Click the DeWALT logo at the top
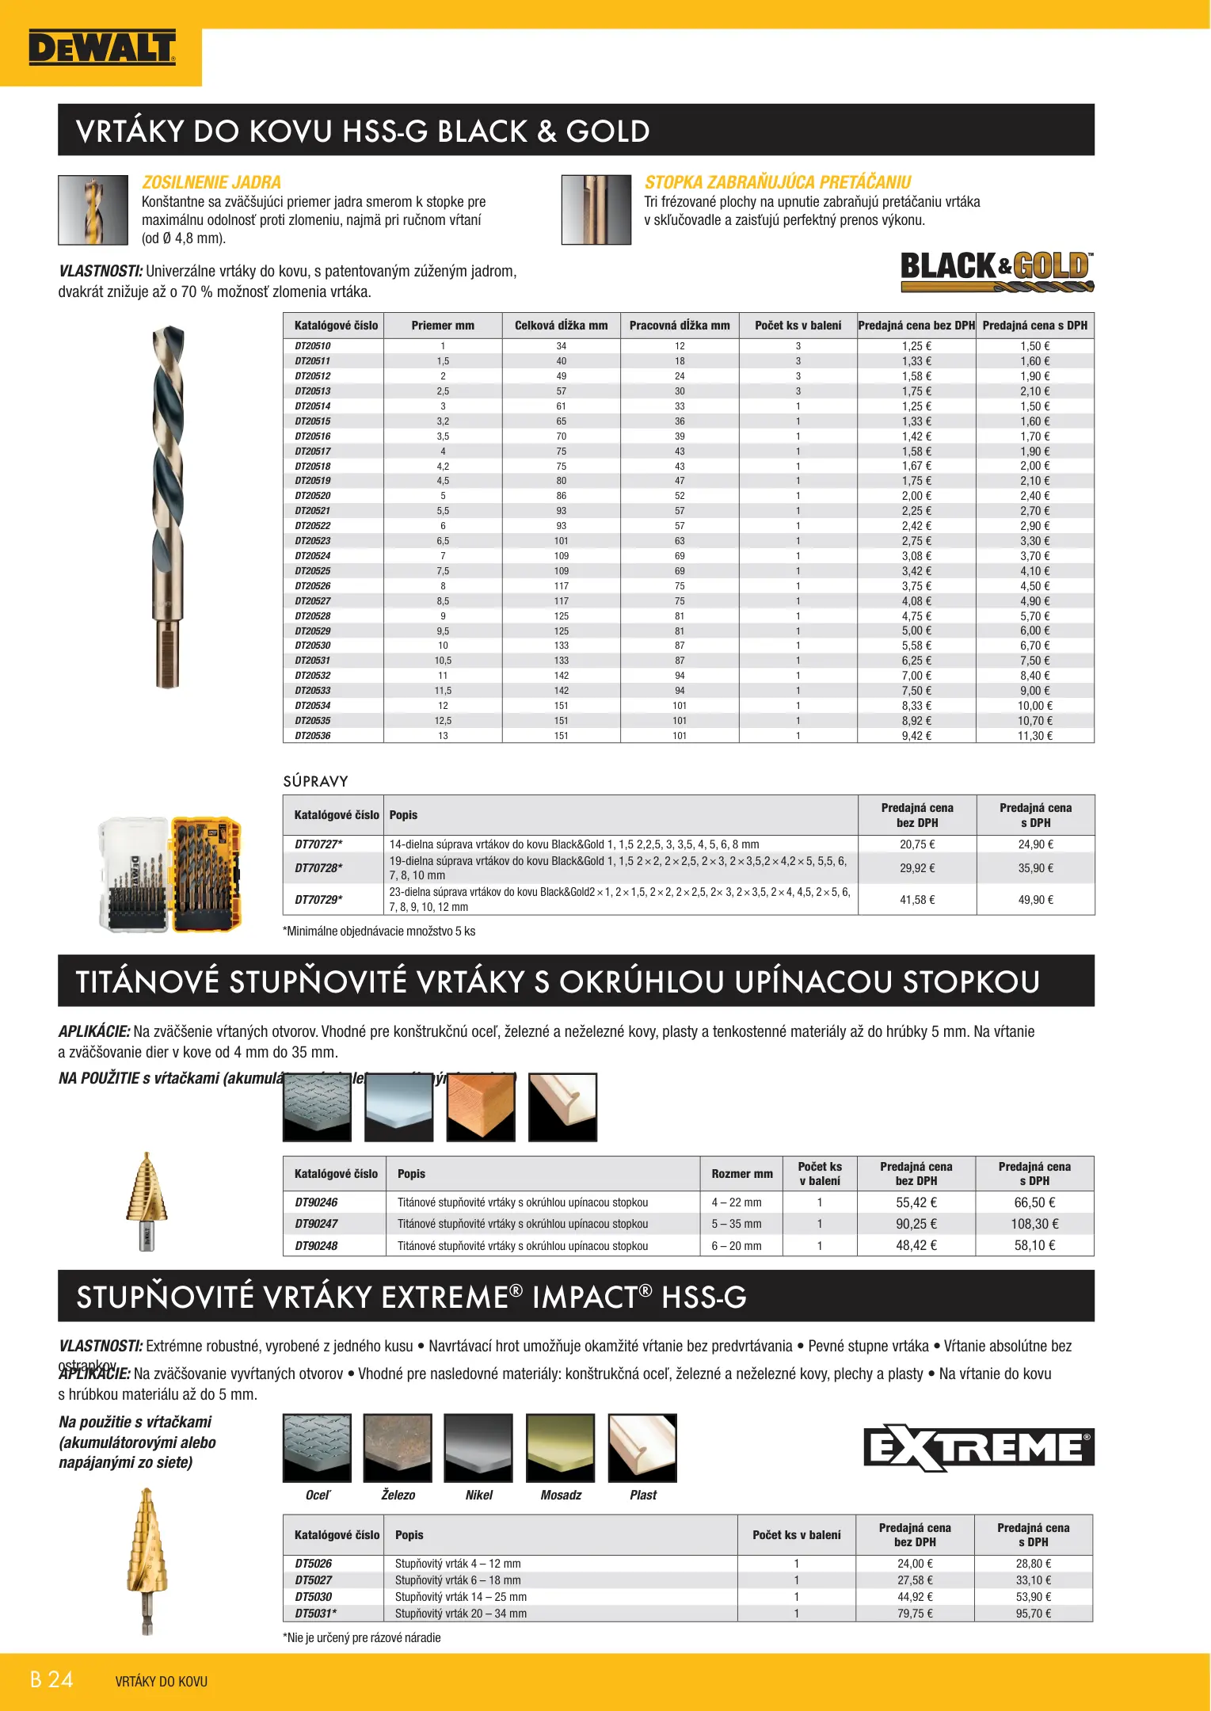(x=101, y=48)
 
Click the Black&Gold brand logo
(x=996, y=271)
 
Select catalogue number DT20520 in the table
(x=313, y=496)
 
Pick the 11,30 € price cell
(x=1034, y=736)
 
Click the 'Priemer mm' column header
(x=443, y=326)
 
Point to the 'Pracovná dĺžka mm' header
(x=680, y=326)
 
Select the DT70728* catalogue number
(x=318, y=868)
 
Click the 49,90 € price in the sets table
(x=1035, y=900)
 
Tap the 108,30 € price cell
(x=1034, y=1224)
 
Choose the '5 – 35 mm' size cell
(x=736, y=1224)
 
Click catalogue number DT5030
(x=314, y=1597)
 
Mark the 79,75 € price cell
(x=915, y=1614)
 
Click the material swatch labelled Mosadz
(x=561, y=1448)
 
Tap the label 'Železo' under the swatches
(x=398, y=1496)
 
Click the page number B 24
(x=51, y=1679)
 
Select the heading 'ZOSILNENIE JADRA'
(x=211, y=182)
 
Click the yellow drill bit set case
(x=207, y=874)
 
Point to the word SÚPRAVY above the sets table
(x=315, y=782)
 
